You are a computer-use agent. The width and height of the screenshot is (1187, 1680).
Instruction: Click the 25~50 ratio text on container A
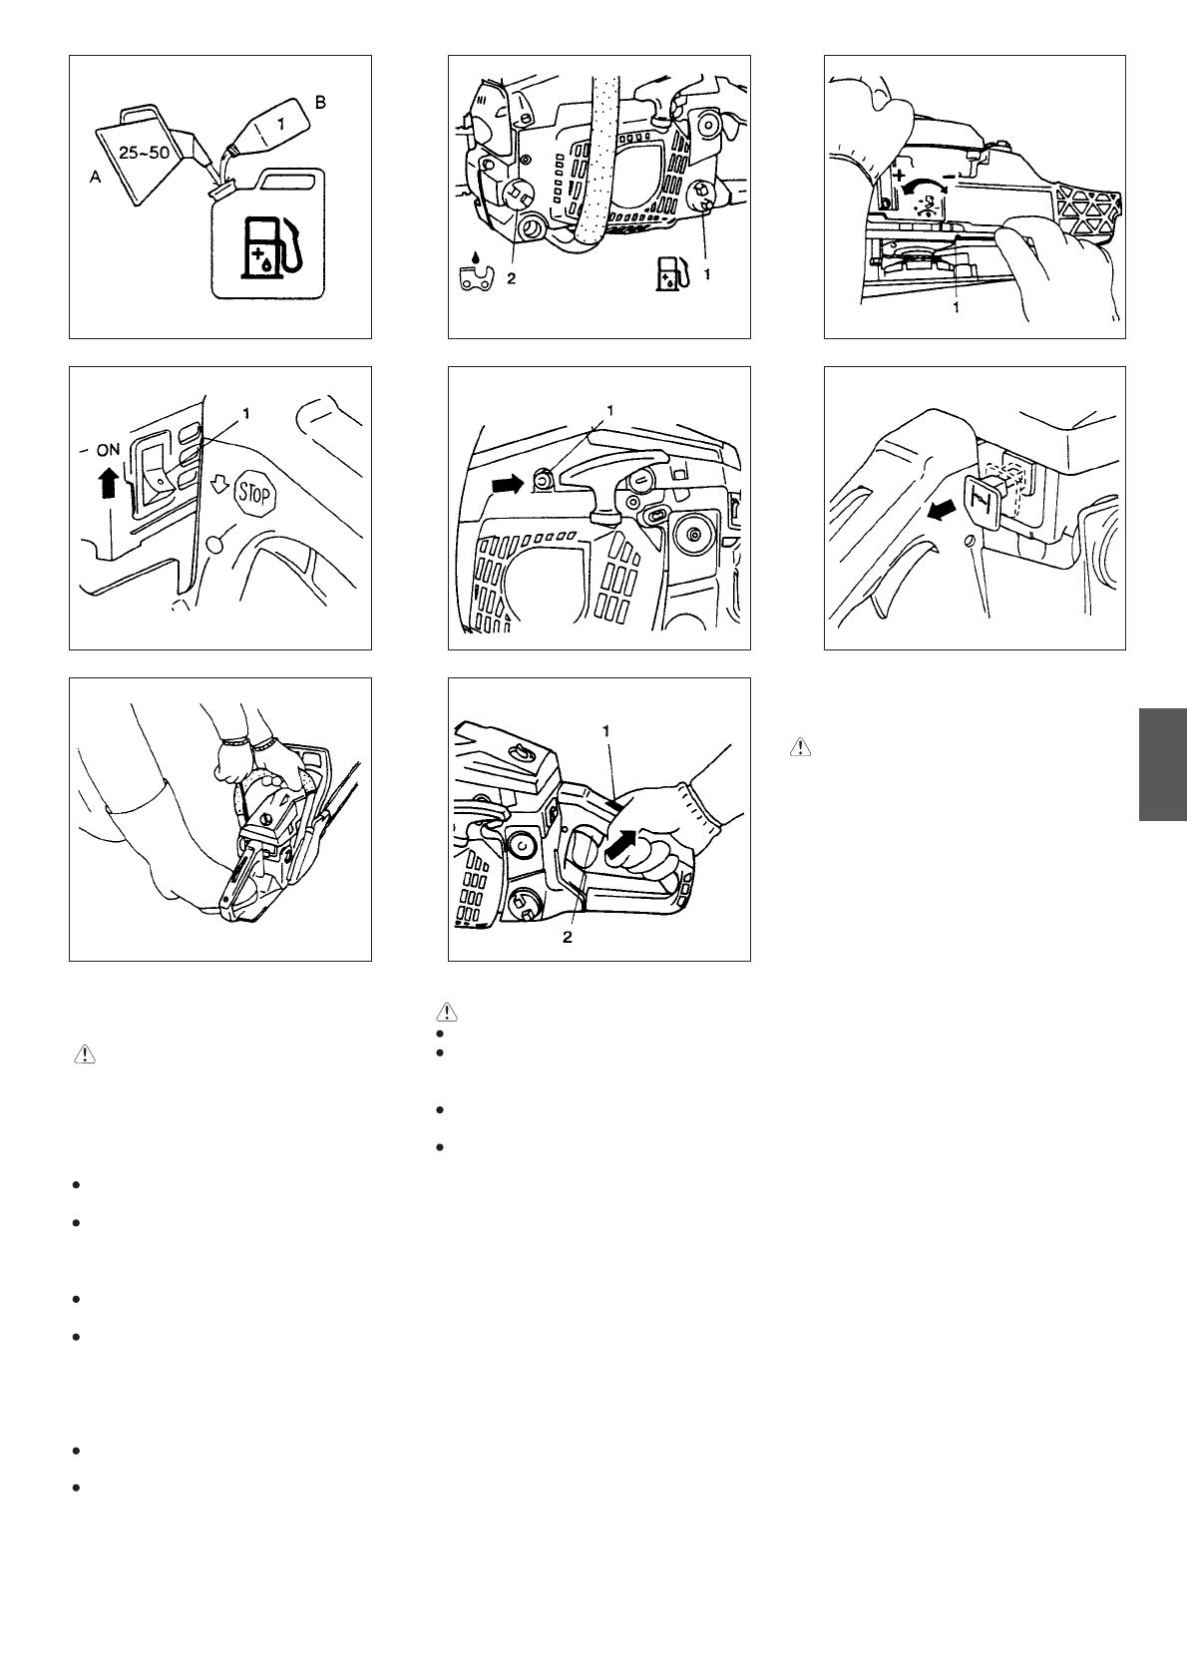[x=144, y=153]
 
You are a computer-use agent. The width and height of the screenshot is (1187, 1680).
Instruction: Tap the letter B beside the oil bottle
[x=320, y=102]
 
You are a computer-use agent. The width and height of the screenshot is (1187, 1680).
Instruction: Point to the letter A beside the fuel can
[x=95, y=178]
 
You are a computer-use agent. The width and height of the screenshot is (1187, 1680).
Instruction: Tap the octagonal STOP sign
[x=255, y=494]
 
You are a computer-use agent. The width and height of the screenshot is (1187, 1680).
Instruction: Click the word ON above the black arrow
[x=109, y=449]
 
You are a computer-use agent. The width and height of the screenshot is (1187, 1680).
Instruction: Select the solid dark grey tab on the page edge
[x=1163, y=764]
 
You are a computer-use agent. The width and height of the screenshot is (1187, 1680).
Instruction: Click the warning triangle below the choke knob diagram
[x=801, y=747]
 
